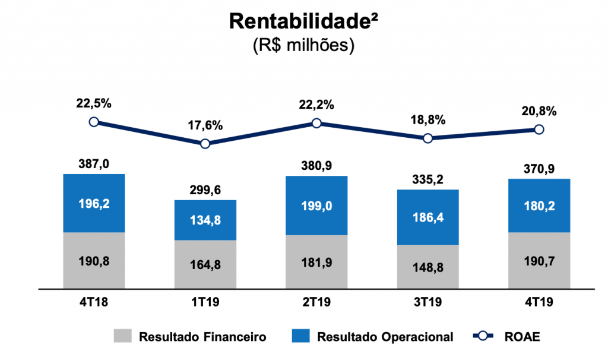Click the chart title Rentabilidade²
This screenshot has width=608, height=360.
[x=304, y=21]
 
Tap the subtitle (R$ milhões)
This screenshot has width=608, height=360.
[x=304, y=45]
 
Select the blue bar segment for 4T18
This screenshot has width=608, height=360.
[x=93, y=203]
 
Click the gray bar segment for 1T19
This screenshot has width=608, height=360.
[x=205, y=264]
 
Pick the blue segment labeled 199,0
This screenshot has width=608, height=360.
[x=316, y=206]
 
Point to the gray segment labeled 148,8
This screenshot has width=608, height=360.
[x=427, y=267]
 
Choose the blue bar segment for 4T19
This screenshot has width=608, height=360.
[x=539, y=206]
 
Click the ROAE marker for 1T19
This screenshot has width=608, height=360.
[x=205, y=144]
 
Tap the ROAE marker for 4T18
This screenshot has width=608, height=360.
[x=93, y=122]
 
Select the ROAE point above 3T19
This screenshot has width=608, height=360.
[x=427, y=138]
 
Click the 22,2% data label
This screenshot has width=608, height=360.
[x=316, y=105]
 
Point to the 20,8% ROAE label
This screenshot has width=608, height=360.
[x=539, y=110]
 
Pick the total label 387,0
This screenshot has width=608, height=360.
[x=93, y=163]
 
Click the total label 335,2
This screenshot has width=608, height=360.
[x=427, y=179]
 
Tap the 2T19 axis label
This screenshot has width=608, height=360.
[x=316, y=302]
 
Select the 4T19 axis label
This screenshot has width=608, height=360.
[x=539, y=302]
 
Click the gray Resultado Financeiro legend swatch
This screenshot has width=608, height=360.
[x=123, y=336]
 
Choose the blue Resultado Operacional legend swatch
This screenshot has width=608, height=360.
[x=301, y=336]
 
